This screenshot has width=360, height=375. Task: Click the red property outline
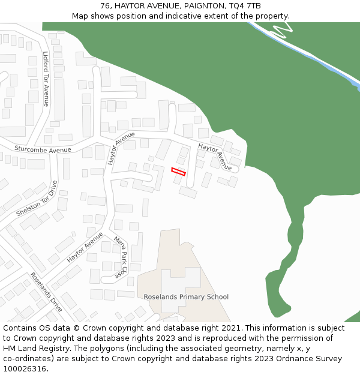pos(179,172)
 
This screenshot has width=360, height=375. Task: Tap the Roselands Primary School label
pos(186,297)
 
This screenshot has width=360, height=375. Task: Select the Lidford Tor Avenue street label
pos(46,79)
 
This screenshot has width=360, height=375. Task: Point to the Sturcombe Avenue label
pos(43,149)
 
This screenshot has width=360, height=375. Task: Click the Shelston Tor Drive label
pos(36,199)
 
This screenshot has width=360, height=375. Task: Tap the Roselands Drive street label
pos(46,292)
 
